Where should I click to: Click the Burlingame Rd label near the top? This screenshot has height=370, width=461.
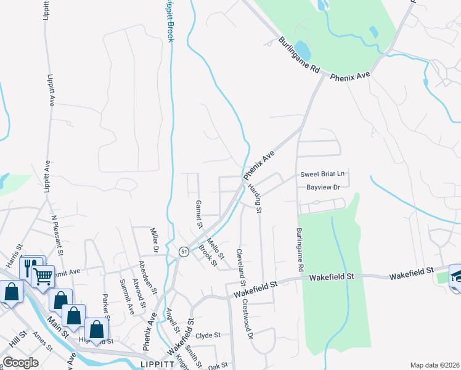(300, 57)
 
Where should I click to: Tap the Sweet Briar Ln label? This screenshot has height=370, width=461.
(322, 174)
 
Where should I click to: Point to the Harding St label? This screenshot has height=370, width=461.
(255, 198)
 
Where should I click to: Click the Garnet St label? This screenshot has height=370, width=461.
(198, 213)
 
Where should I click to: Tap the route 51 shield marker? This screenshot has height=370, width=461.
(183, 252)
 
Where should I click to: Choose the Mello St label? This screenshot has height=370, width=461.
(215, 246)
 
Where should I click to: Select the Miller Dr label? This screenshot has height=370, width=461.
(155, 240)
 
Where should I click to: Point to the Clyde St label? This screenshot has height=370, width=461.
(208, 335)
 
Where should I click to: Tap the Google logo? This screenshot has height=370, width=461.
(20, 363)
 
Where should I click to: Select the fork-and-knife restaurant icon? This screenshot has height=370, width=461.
(28, 268)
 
